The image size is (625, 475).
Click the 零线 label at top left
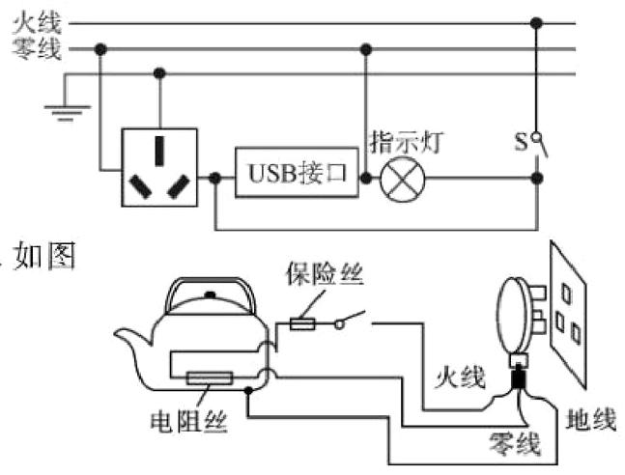[x=37, y=48]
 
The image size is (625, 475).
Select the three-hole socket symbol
[x=157, y=167]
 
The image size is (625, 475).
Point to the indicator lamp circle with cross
[x=399, y=178]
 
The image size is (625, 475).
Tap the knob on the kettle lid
[x=210, y=293]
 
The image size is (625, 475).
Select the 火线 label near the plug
[x=459, y=375]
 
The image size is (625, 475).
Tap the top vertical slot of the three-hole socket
[x=159, y=148]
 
